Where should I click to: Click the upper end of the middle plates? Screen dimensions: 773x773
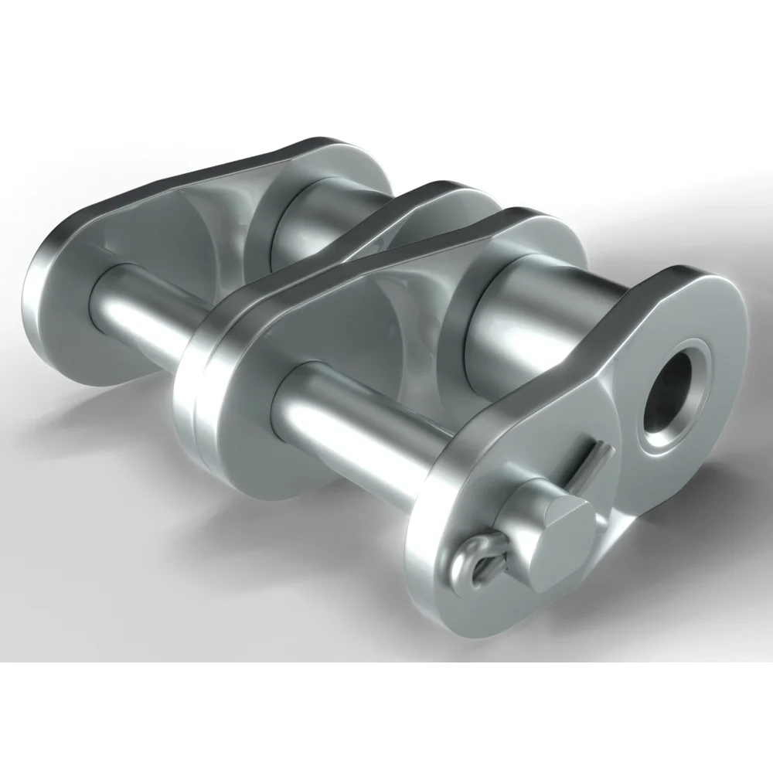click(433, 193)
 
